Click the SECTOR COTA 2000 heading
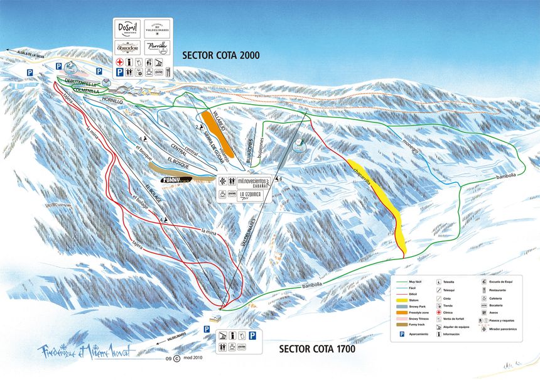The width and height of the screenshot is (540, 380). click(x=220, y=56)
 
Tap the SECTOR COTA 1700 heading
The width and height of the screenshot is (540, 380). click(x=317, y=349)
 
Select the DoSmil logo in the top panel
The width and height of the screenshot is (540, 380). click(x=128, y=30)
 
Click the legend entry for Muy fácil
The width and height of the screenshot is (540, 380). click(x=415, y=283)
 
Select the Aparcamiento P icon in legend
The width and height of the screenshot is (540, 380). click(x=402, y=334)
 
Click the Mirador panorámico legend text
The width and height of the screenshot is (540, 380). click(x=500, y=328)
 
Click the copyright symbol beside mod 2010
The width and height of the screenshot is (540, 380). click(x=176, y=359)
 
